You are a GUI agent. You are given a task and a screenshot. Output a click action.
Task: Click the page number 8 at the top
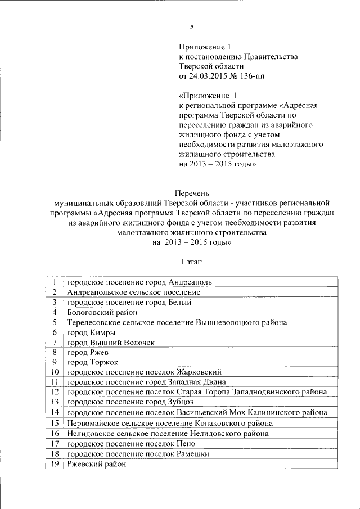coord(192,26)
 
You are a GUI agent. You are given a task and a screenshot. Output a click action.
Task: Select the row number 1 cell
coord(55,282)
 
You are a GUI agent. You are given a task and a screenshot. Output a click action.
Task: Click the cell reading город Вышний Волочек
coord(110,342)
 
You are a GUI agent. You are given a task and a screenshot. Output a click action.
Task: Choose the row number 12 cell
coord(55,392)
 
